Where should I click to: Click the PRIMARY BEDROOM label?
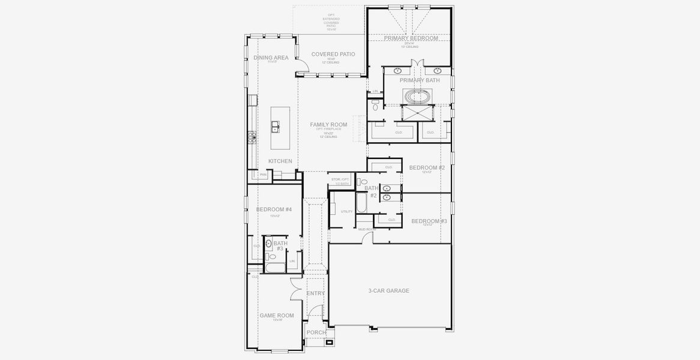pyautogui.click(x=411, y=38)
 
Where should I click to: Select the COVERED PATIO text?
pyautogui.click(x=333, y=54)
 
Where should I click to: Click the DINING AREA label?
pyautogui.click(x=271, y=58)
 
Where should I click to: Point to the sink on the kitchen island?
pyautogui.click(x=275, y=127)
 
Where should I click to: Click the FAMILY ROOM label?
pyautogui.click(x=328, y=125)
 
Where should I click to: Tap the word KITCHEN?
pyautogui.click(x=280, y=161)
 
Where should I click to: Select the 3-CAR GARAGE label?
pyautogui.click(x=388, y=290)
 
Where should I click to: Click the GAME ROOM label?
pyautogui.click(x=276, y=315)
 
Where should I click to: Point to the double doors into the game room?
pyautogui.click(x=295, y=290)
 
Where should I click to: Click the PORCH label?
pyautogui.click(x=316, y=332)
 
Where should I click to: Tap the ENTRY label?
pyautogui.click(x=316, y=293)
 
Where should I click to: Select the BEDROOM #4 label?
pyautogui.click(x=274, y=209)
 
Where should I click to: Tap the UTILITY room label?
pyautogui.click(x=346, y=212)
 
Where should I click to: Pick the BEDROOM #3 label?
pyautogui.click(x=429, y=221)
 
